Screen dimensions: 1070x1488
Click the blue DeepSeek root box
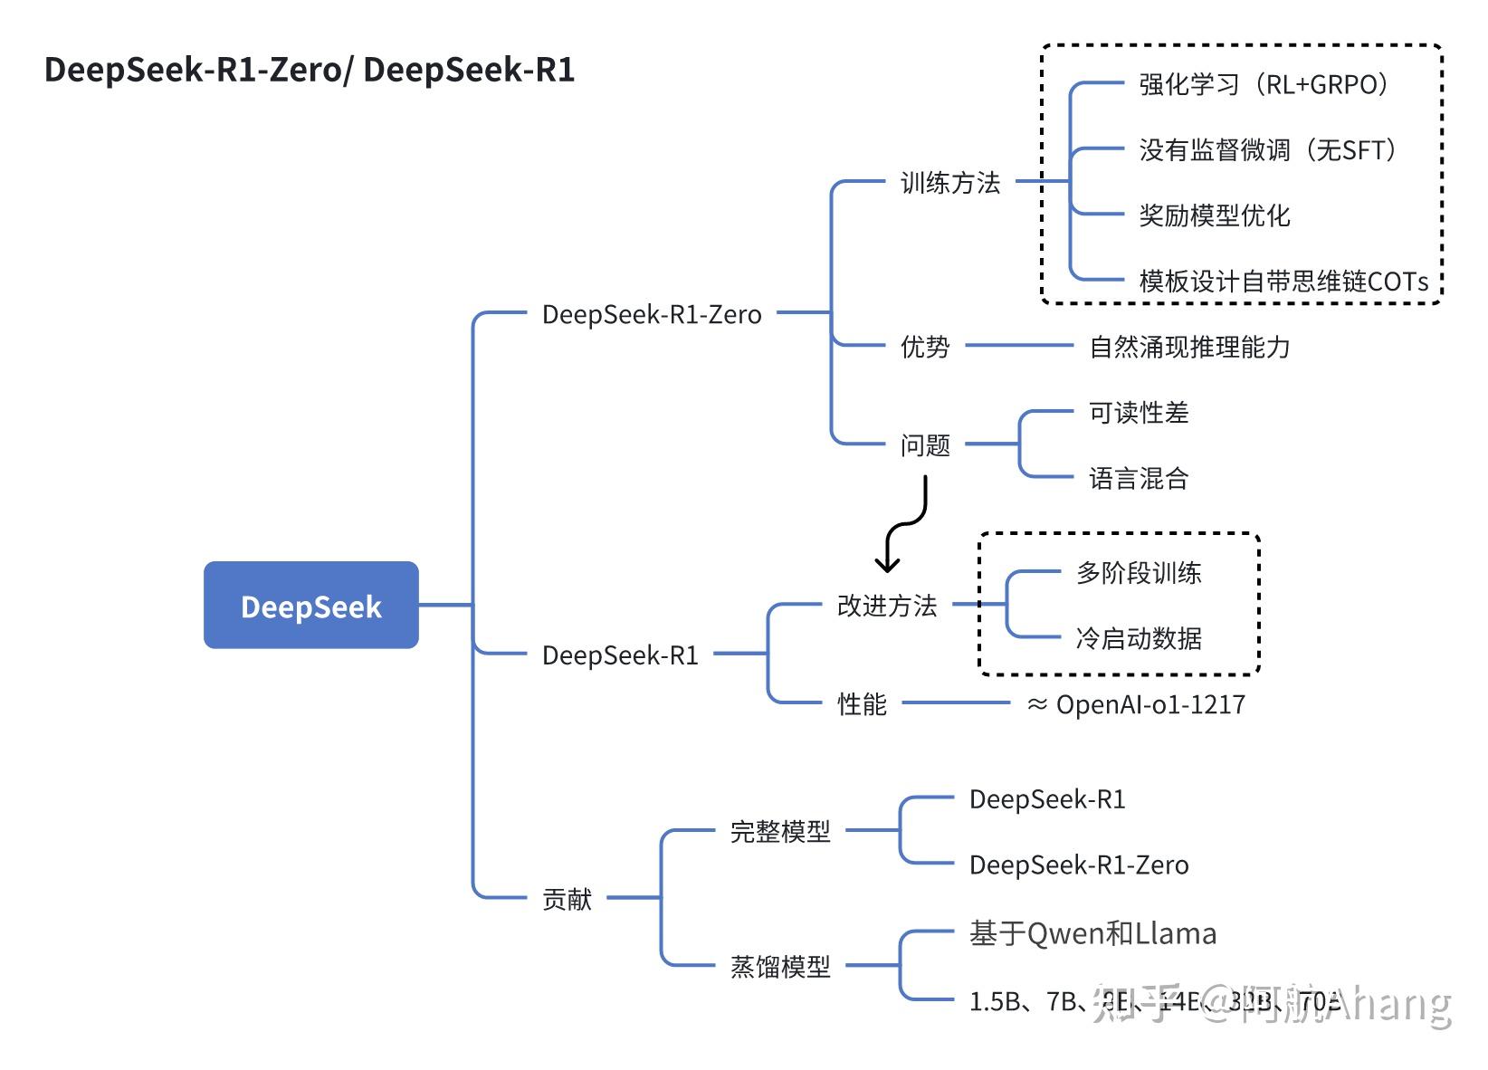[310, 605]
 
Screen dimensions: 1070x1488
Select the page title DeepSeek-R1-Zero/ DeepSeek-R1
[310, 70]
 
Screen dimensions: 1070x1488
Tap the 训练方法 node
[949, 183]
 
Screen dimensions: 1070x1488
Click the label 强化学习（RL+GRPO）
[1264, 85]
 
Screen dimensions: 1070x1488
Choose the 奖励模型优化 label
[1214, 215]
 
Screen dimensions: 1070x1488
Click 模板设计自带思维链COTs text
[1283, 282]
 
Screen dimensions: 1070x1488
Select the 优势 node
[924, 347]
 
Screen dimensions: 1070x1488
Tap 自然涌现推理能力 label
[1189, 347]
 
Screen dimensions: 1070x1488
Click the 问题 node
[924, 445]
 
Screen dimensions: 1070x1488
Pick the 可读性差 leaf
[1138, 413]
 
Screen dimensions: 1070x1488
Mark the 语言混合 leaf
[1138, 478]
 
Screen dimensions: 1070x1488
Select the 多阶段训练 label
[1138, 573]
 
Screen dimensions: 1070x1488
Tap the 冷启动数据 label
[1138, 638]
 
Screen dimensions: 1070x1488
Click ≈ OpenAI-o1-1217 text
[1137, 704]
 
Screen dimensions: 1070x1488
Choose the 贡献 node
[567, 899]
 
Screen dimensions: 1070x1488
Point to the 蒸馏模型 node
[779, 967]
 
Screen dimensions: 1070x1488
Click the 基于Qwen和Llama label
[1092, 933]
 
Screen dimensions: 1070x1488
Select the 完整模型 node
[779, 831]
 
